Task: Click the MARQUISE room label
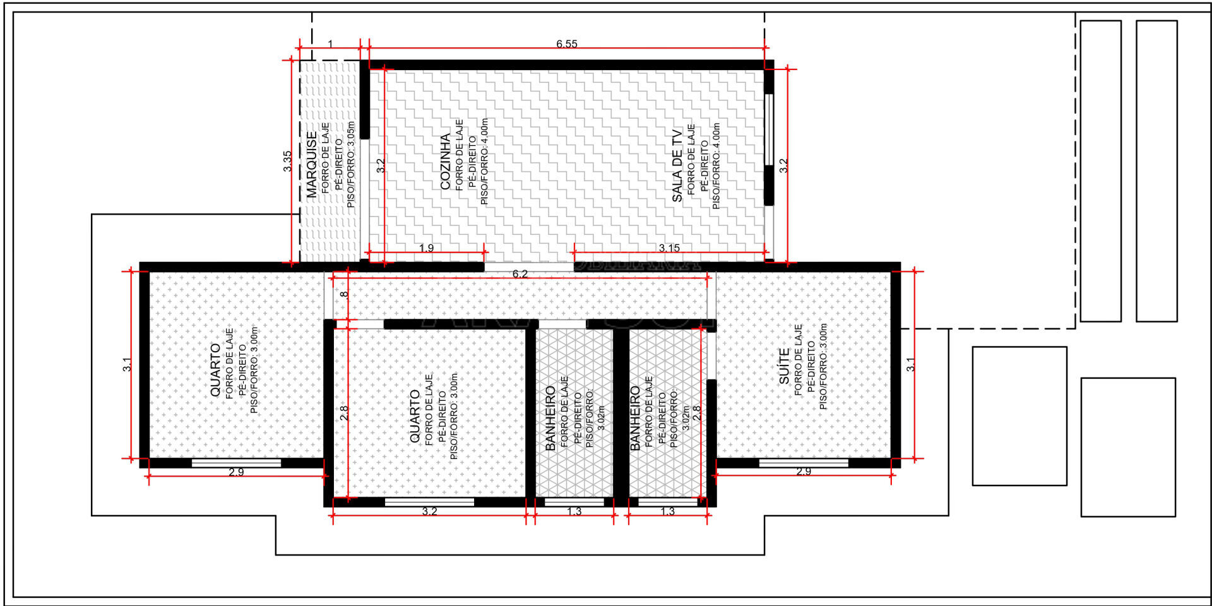click(312, 165)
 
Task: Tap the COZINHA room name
click(446, 161)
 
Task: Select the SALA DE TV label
click(677, 165)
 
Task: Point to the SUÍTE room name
click(784, 366)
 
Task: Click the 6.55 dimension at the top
click(567, 44)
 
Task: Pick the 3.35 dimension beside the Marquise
click(287, 161)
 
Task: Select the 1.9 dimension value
click(427, 247)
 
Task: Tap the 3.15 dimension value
click(669, 247)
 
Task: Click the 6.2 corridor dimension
click(520, 274)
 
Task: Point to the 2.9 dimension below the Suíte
click(804, 472)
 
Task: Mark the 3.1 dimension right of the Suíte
click(910, 364)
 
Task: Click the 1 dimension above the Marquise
click(330, 44)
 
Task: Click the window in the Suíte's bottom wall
click(804, 463)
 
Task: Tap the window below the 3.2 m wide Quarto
click(429, 502)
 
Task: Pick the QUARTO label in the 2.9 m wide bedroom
click(216, 370)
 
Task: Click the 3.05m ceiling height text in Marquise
click(351, 134)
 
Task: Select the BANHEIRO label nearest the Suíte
click(635, 418)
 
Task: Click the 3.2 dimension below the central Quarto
click(429, 511)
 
